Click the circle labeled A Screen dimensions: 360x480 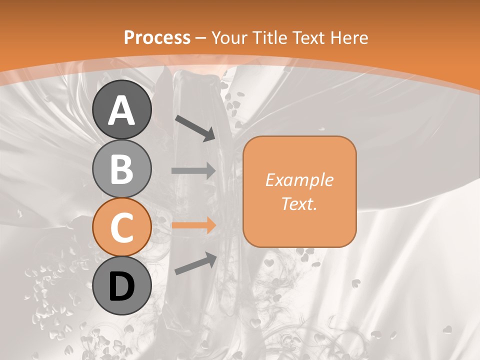click(122, 110)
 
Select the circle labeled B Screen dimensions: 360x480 click(122, 168)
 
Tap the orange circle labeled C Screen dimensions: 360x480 click(122, 227)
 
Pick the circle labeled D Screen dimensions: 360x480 click(122, 285)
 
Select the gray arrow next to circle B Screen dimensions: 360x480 click(193, 170)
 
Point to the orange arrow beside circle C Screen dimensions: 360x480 click(193, 225)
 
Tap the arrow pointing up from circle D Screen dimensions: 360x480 click(195, 263)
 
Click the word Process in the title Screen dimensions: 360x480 click(157, 37)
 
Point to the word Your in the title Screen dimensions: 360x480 click(230, 37)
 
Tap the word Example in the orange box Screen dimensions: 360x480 click(299, 180)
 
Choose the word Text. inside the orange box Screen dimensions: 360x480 click(299, 203)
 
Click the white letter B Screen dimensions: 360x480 click(122, 169)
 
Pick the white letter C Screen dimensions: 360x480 click(122, 227)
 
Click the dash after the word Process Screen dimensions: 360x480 click(201, 38)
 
